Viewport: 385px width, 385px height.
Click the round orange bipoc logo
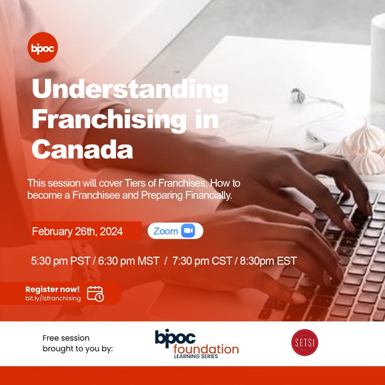pos(42,47)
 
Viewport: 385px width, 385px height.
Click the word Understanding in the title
pos(130,89)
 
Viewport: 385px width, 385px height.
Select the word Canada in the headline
pos(82,149)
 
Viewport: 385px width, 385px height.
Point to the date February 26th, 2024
pos(77,231)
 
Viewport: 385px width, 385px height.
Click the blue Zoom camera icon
pos(188,231)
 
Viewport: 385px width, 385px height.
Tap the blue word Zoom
pos(165,231)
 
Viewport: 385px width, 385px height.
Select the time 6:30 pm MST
pos(129,261)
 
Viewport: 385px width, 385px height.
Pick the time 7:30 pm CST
pos(202,261)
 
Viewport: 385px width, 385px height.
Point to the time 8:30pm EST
pos(268,261)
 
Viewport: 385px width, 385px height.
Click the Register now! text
pos(52,289)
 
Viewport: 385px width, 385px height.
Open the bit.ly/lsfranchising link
pos(53,298)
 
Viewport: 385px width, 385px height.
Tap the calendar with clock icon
pos(96,294)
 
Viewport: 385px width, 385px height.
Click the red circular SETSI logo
pos(304,342)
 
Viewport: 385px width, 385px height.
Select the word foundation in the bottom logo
pos(206,349)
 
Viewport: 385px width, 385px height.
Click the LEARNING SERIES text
pos(196,356)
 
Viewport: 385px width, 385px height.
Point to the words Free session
pos(66,338)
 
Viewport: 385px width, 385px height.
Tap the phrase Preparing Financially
pos(186,195)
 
